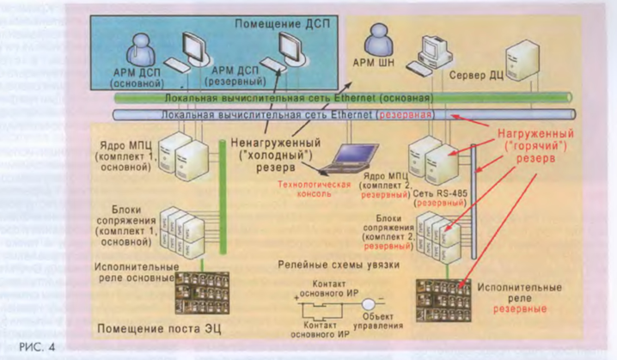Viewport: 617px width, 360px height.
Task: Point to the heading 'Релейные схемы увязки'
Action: (x=338, y=265)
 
